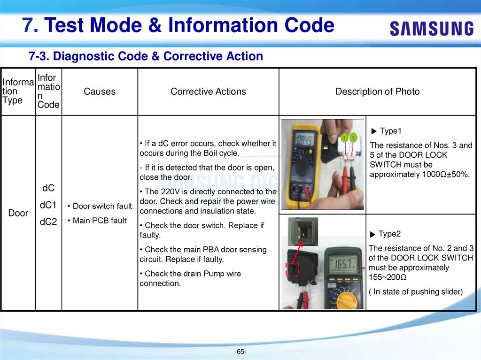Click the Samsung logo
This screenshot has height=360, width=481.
[431, 29]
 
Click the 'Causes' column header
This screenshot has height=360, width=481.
[100, 92]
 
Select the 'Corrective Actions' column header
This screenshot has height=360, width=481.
[208, 92]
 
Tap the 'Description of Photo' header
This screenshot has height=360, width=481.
[377, 92]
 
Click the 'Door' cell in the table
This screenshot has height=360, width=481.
[18, 213]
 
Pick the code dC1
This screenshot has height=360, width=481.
[48, 205]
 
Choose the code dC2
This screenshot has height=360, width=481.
[48, 222]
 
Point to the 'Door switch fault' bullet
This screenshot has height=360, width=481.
[100, 206]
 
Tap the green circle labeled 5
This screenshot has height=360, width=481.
[354, 138]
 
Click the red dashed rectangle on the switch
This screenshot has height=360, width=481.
[292, 270]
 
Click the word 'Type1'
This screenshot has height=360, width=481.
[390, 131]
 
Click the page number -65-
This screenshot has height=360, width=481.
[240, 352]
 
